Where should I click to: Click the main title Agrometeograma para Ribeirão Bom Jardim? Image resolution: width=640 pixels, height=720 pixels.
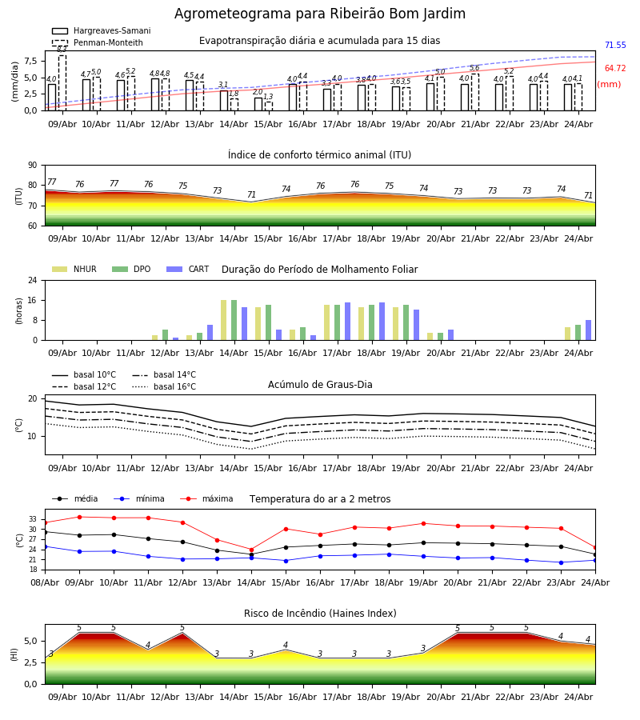[x=320, y=14]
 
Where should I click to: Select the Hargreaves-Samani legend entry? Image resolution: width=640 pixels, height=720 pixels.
[x=102, y=30]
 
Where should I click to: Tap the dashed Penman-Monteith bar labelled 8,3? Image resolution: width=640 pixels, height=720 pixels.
[x=62, y=82]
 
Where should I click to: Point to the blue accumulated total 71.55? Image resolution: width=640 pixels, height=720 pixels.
[x=615, y=45]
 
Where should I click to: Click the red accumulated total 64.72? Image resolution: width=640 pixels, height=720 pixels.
[x=615, y=69]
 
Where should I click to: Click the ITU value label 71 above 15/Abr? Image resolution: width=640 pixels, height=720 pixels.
[x=251, y=194]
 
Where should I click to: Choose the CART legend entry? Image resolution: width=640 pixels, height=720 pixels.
[x=188, y=269]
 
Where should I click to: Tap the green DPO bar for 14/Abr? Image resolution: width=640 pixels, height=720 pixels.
[x=234, y=320]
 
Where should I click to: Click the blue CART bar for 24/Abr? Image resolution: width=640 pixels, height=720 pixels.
[x=589, y=330]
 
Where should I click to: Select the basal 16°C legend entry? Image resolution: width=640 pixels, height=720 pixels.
[x=164, y=386]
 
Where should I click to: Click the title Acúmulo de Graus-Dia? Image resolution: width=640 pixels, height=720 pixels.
[x=320, y=384]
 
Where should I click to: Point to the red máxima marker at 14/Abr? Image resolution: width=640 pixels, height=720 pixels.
[x=251, y=550]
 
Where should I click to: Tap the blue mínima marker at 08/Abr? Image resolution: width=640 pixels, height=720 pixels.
[x=45, y=547]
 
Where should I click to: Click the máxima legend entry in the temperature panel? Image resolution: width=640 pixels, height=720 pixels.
[x=206, y=498]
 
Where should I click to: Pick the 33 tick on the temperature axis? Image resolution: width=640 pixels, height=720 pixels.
[x=33, y=519]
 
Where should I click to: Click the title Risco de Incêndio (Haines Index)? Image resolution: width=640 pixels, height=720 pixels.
[x=320, y=613]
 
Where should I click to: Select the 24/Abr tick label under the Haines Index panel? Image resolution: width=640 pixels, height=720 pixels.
[x=578, y=697]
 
